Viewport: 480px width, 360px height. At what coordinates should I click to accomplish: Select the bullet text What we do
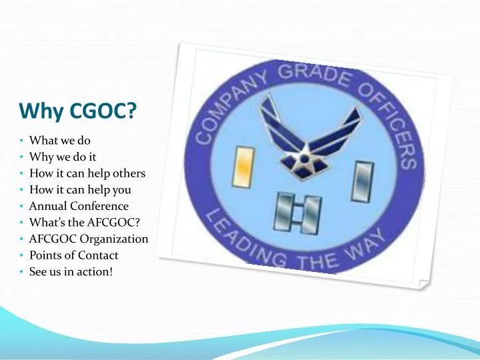pos(60,141)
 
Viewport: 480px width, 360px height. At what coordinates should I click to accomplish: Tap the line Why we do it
pos(63,157)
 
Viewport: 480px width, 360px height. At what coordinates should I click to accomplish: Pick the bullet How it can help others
pos(87,173)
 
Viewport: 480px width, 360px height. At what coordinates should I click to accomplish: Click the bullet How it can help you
pos(80,190)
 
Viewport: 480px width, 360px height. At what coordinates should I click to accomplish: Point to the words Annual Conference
pos(79,206)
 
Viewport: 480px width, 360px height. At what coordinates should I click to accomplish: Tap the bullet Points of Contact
pos(73,255)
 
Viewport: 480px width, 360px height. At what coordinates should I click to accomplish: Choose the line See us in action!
pos(71,271)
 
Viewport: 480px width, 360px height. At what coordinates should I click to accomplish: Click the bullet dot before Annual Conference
pos(22,207)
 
